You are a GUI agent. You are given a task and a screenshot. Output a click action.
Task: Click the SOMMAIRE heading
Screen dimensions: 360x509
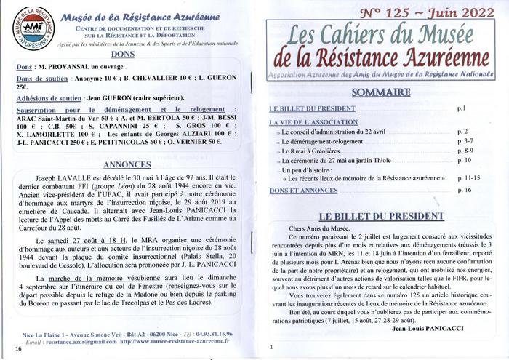382,92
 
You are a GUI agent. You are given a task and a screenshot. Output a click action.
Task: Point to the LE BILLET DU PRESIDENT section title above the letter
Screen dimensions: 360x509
377,217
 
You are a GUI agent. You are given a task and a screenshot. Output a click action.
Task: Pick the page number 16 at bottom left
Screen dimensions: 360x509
19,348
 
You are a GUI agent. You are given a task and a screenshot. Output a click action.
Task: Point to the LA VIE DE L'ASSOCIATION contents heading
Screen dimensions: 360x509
313,121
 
